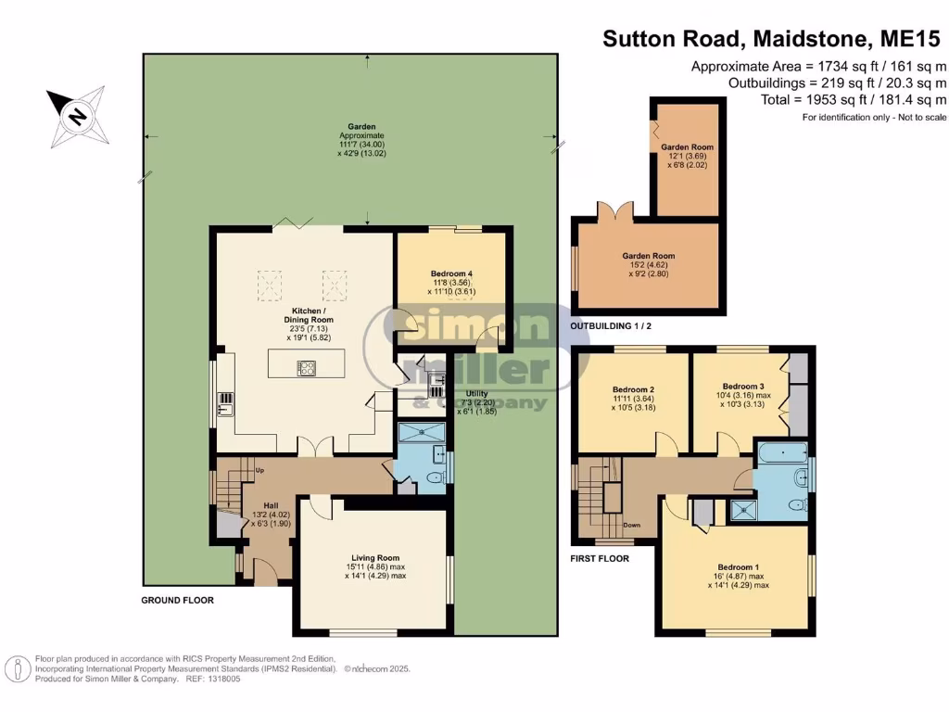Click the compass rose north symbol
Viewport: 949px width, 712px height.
pyautogui.click(x=78, y=115)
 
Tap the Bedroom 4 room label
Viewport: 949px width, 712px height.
pyautogui.click(x=451, y=273)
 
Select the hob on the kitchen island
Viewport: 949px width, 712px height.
pyautogui.click(x=306, y=367)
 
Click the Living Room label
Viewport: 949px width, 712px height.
pyautogui.click(x=375, y=557)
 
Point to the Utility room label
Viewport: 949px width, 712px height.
pyautogui.click(x=477, y=393)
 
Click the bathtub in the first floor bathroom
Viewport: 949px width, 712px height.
pyautogui.click(x=783, y=452)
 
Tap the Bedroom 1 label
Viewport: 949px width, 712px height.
pyautogui.click(x=739, y=567)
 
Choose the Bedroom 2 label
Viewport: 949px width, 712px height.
pyautogui.click(x=633, y=389)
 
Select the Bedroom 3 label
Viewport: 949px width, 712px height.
pyautogui.click(x=743, y=386)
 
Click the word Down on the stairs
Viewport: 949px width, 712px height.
pyautogui.click(x=632, y=525)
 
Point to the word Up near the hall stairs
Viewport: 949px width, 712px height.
pyautogui.click(x=259, y=470)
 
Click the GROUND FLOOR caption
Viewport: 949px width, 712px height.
pyautogui.click(x=177, y=600)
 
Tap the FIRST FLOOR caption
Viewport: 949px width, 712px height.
pyautogui.click(x=600, y=558)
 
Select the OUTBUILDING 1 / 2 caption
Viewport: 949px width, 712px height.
pyautogui.click(x=611, y=325)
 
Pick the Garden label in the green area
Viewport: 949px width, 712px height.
pyautogui.click(x=361, y=126)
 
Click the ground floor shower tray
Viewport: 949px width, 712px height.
pyautogui.click(x=422, y=432)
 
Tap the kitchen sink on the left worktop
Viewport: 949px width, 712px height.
pyautogui.click(x=225, y=404)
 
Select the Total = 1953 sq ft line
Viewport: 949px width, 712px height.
pyautogui.click(x=853, y=100)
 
